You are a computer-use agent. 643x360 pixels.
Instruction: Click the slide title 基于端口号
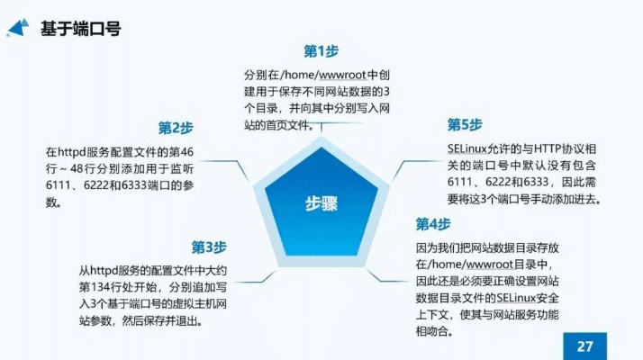pyautogui.click(x=81, y=29)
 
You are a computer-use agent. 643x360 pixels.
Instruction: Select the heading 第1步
pyautogui.click(x=321, y=50)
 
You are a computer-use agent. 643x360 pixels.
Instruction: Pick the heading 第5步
pyautogui.click(x=466, y=125)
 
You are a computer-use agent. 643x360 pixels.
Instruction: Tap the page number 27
pyautogui.click(x=585, y=345)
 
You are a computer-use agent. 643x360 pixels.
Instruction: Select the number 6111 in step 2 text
pyautogui.click(x=59, y=184)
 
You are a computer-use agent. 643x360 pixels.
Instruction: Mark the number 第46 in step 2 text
pyautogui.click(x=185, y=150)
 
